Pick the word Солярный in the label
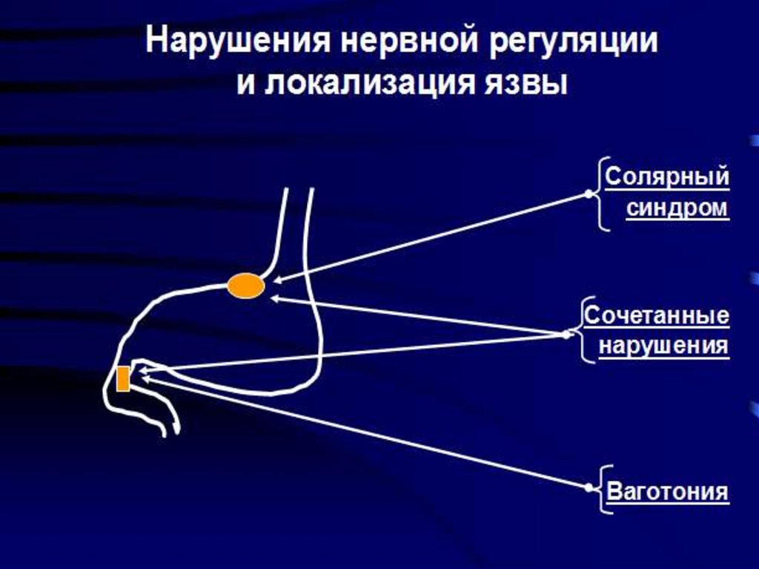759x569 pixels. click(x=667, y=178)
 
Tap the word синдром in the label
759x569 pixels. click(x=677, y=208)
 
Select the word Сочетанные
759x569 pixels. click(x=657, y=316)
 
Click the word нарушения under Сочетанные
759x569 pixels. click(x=663, y=346)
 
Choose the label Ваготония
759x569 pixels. click(x=668, y=491)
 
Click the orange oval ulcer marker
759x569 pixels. click(x=245, y=286)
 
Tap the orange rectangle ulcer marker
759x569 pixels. click(x=123, y=378)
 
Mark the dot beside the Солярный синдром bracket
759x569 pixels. click(x=589, y=194)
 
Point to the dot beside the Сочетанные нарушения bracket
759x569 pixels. click(x=568, y=334)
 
